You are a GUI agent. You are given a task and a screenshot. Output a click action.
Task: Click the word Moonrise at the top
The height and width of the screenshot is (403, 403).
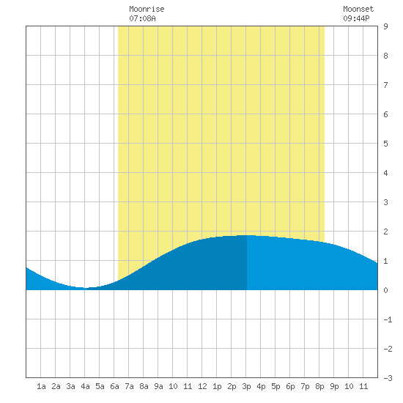(147, 9)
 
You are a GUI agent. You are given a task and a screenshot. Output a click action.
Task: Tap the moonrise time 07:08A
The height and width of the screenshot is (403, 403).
(142, 18)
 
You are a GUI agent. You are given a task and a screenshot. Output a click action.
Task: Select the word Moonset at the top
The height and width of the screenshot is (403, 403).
(358, 9)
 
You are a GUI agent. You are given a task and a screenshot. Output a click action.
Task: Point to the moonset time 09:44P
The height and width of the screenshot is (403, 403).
(357, 18)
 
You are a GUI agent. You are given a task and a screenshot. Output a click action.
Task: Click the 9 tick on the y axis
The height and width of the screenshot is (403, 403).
(385, 26)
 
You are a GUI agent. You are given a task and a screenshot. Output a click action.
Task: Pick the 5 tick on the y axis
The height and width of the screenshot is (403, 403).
(385, 144)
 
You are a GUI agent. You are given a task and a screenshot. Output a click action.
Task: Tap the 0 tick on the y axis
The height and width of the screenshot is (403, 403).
(385, 290)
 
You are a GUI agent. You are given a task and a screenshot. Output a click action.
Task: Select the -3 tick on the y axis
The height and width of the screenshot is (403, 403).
(388, 378)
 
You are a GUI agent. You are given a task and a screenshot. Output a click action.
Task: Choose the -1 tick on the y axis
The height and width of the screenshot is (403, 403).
(388, 319)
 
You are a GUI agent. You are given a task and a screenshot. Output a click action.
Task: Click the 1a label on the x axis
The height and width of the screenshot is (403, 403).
(41, 386)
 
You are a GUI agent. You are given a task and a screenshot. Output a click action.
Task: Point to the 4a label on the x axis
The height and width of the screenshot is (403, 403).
(85, 386)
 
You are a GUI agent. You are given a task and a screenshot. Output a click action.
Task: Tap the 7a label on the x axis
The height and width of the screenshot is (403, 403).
(129, 386)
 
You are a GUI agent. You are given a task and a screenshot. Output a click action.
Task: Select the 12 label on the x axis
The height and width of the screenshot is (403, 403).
(202, 386)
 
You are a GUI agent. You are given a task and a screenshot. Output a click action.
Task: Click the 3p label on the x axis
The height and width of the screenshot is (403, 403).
(246, 386)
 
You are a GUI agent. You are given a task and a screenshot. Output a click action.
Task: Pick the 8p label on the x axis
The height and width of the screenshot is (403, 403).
(319, 386)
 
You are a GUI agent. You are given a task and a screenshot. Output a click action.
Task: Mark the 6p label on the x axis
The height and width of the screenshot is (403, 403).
(290, 386)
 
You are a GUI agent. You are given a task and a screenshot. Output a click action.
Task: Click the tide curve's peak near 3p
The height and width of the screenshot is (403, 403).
(246, 235)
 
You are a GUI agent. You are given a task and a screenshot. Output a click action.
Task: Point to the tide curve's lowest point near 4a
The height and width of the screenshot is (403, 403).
(84, 288)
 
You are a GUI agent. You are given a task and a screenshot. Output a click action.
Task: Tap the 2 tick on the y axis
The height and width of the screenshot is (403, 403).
(385, 232)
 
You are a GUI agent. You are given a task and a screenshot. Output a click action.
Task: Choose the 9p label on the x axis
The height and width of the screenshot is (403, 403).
(334, 386)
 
